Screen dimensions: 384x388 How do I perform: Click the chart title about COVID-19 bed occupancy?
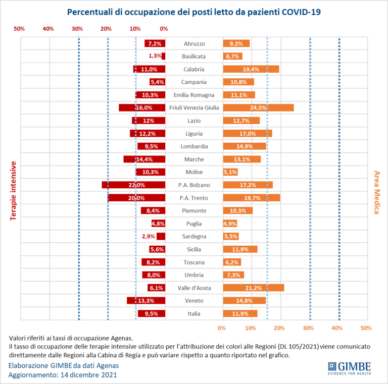click(194, 11)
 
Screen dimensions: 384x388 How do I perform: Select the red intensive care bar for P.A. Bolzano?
click(133, 185)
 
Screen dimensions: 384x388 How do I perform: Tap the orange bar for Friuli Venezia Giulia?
click(258, 107)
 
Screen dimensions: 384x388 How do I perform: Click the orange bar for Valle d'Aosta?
click(253, 288)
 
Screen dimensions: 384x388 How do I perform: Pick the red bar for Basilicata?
click(163, 56)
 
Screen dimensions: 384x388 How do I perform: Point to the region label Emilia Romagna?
click(194, 95)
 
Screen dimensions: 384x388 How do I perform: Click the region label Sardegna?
click(194, 236)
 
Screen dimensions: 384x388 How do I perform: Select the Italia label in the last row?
click(194, 313)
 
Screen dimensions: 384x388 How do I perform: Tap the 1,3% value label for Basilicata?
click(155, 56)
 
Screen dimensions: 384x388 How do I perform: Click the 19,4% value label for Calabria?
click(251, 69)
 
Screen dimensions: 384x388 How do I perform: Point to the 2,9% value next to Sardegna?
click(149, 236)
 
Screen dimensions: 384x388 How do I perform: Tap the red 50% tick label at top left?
click(19, 29)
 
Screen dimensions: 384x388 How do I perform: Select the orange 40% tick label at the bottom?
click(337, 327)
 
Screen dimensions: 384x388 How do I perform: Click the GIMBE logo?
click(349, 367)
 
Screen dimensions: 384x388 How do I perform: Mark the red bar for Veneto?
click(146, 300)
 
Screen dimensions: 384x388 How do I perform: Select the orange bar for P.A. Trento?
click(252, 198)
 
